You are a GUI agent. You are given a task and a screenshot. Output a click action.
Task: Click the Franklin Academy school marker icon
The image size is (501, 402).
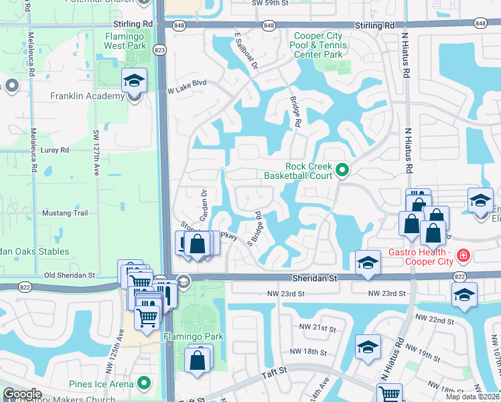(134, 82)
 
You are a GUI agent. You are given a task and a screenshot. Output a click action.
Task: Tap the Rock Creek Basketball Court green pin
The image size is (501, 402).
(342, 171)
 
